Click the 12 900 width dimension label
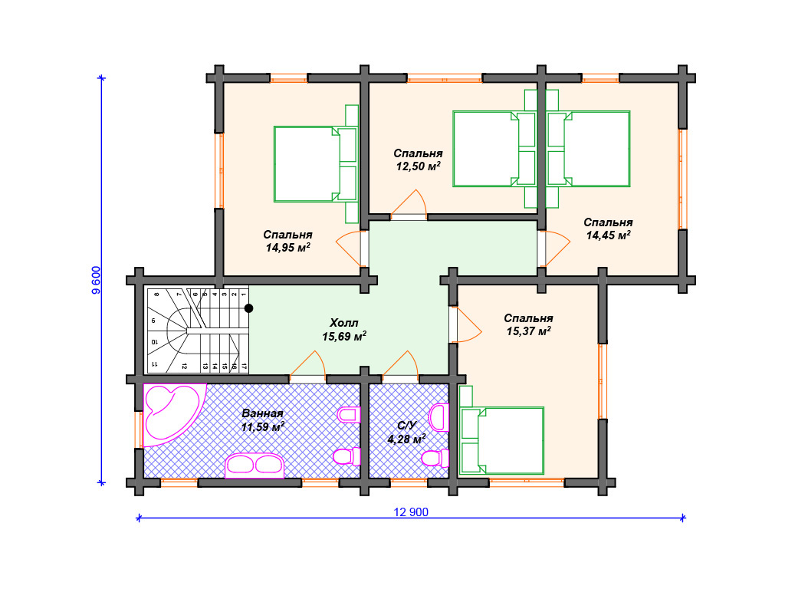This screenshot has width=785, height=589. [411, 512]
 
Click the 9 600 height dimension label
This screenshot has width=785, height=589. [96, 280]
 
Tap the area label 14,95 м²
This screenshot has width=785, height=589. [288, 248]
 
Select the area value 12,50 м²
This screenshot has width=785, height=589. [418, 166]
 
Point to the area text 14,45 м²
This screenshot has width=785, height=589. [608, 235]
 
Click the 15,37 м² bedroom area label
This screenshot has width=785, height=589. [529, 331]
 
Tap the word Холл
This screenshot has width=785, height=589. [344, 323]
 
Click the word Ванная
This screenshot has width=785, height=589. [262, 413]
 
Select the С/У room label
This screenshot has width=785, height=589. [406, 426]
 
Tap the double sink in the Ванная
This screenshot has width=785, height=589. [255, 466]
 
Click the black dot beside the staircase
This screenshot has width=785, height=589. [248, 308]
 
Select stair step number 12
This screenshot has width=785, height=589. [184, 366]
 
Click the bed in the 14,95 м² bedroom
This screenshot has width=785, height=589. [315, 164]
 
